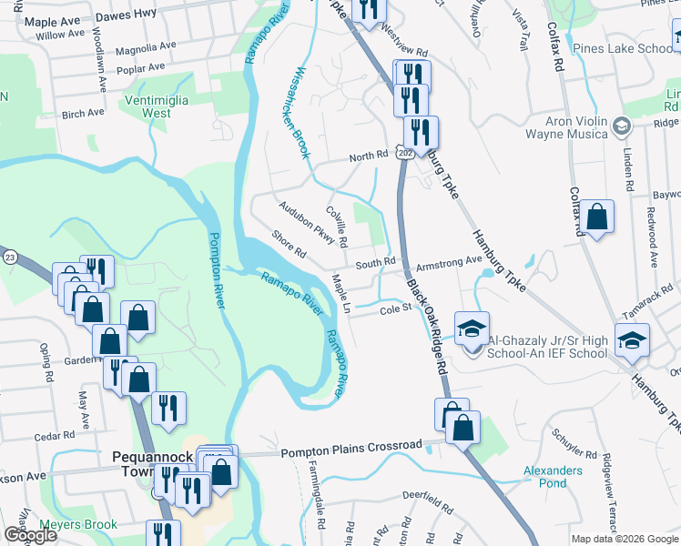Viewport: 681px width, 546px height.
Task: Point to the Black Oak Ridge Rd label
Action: (428, 327)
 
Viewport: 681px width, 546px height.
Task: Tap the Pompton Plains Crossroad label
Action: (351, 447)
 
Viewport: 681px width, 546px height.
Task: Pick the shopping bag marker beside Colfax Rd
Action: (596, 217)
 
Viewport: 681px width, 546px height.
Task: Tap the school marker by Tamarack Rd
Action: (632, 339)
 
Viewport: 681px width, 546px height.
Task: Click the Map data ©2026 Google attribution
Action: (625, 539)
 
